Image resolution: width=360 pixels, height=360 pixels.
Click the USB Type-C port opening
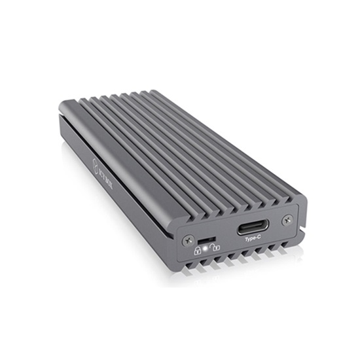click(250, 230)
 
